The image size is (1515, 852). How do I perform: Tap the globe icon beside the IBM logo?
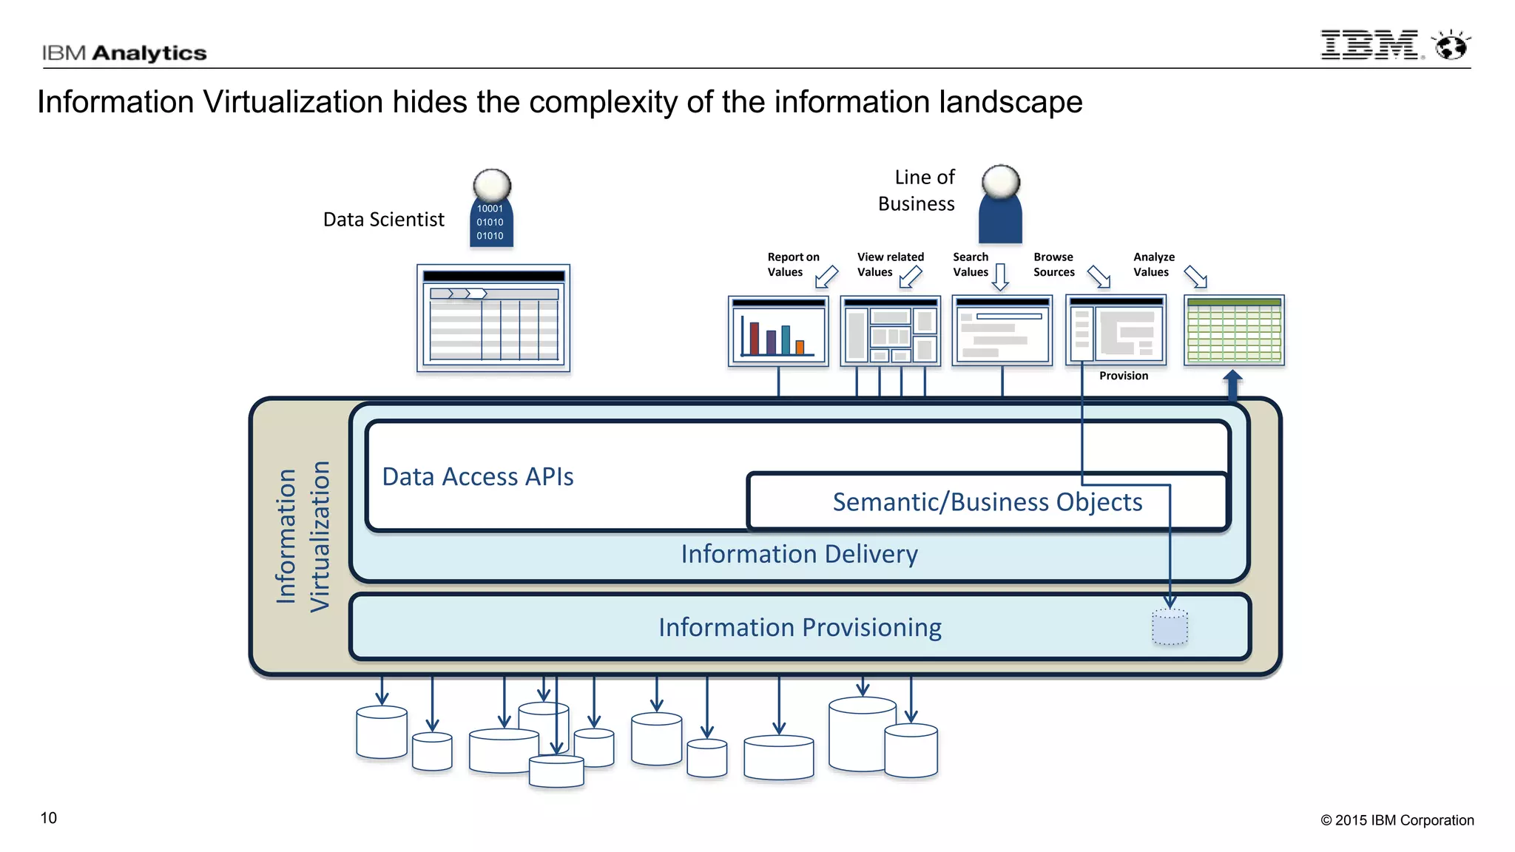point(1451,46)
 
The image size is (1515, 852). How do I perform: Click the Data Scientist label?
point(383,220)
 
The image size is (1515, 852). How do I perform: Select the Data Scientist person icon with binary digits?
point(491,210)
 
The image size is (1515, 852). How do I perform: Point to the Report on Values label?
point(792,264)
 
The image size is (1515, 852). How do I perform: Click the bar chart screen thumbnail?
point(777,331)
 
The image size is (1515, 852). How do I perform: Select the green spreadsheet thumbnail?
point(1234,330)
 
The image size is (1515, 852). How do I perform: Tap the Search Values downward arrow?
point(1000,277)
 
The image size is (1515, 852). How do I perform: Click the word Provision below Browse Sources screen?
point(1123,376)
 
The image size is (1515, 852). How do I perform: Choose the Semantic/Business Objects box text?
point(987,502)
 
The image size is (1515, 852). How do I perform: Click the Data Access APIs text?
point(478,477)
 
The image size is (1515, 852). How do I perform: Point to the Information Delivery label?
point(799,554)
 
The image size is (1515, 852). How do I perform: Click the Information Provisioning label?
point(799,627)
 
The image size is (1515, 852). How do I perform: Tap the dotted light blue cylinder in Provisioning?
point(1170,627)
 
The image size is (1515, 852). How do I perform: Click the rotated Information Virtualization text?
point(303,536)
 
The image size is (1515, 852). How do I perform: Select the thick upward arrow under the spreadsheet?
point(1232,385)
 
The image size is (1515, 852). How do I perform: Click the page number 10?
point(48,818)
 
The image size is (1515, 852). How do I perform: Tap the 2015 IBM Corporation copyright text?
point(1397,820)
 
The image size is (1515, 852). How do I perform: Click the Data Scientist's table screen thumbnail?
point(493,318)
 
